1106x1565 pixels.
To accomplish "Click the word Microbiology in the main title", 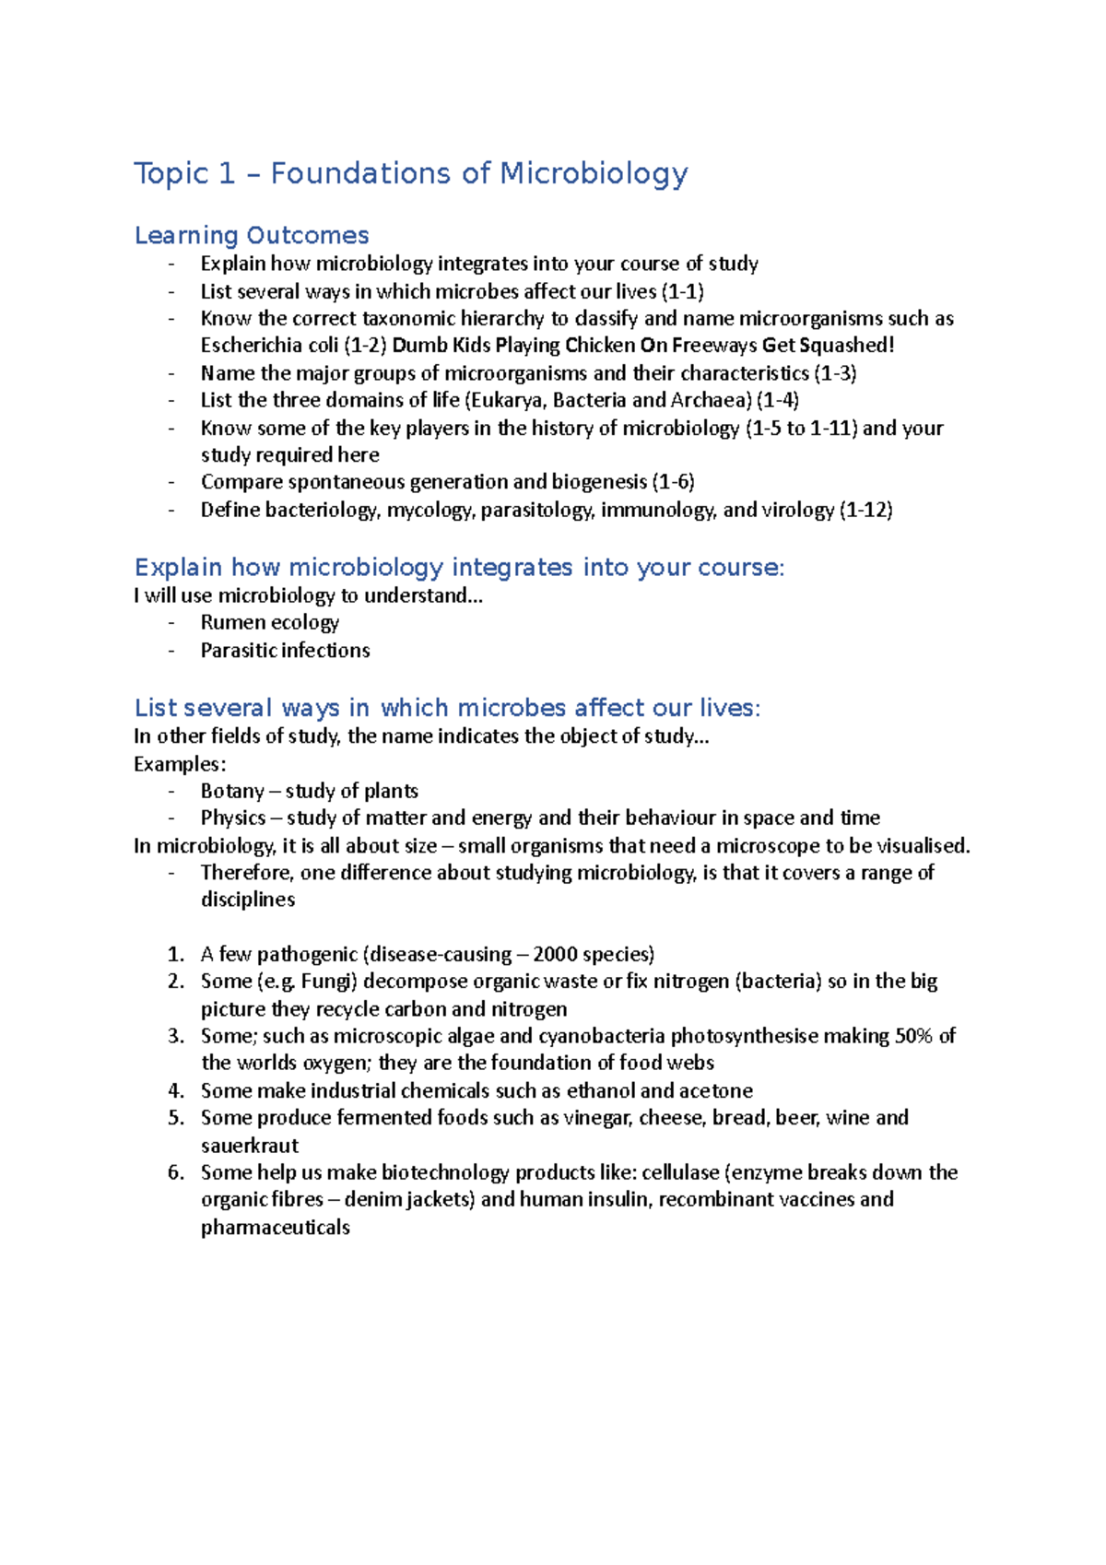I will tap(594, 173).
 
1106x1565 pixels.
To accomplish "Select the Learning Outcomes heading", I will tap(252, 235).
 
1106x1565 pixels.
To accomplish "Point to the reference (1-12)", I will tap(865, 510).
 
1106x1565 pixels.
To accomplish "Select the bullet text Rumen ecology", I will tap(270, 622).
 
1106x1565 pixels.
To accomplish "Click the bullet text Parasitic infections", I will tap(285, 651).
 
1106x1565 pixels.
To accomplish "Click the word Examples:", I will tap(180, 764).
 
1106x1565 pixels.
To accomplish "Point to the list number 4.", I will tap(176, 1091).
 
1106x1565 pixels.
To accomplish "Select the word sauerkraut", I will tap(250, 1146).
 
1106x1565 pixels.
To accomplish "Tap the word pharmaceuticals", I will tap(275, 1228).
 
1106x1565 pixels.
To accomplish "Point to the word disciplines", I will tap(248, 900).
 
